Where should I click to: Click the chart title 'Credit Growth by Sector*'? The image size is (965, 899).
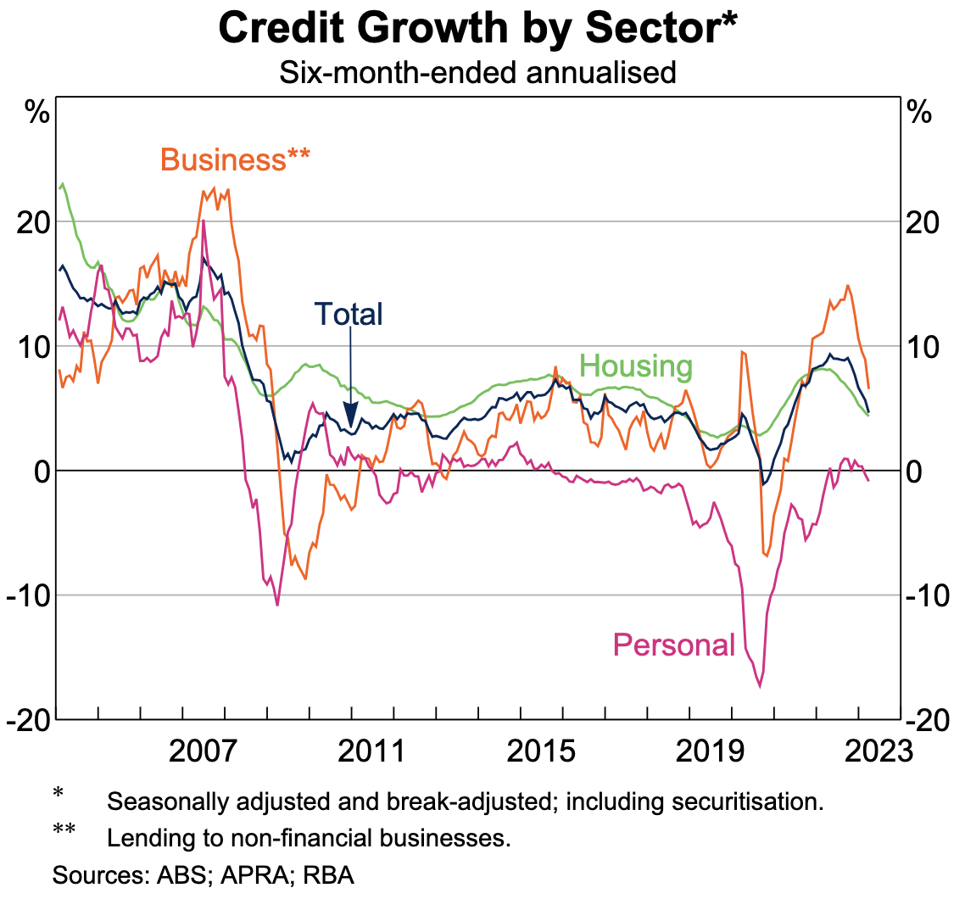(477, 29)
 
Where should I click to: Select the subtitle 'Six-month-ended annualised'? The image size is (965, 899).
(477, 73)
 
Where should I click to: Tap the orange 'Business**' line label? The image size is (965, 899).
(235, 159)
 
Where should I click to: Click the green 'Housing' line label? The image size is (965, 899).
(636, 366)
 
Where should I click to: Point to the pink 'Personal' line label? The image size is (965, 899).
(673, 645)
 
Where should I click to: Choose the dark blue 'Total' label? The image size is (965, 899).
(349, 314)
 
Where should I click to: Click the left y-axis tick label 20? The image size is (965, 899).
(33, 222)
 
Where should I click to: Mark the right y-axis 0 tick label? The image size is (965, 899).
(917, 471)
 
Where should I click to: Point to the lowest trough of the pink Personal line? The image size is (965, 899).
(760, 685)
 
